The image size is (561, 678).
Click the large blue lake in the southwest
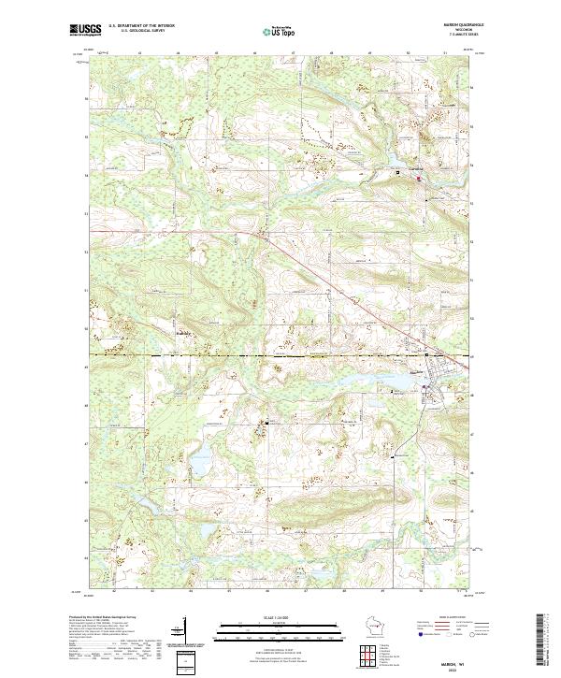coord(199,462)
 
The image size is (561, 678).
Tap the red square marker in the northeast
coord(419,178)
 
